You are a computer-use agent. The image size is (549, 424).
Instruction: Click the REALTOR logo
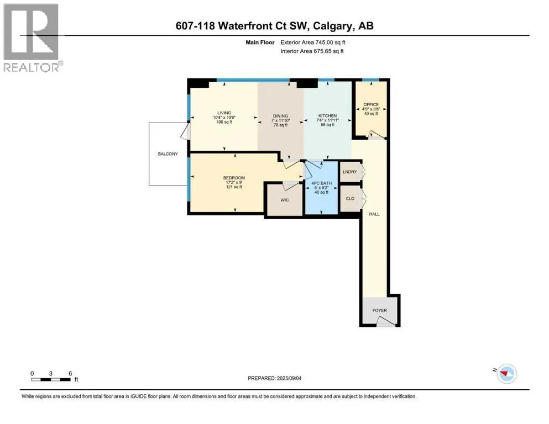(x=32, y=38)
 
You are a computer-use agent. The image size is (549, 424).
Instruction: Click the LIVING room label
(x=224, y=113)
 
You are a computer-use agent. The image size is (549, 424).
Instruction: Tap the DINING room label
(x=280, y=116)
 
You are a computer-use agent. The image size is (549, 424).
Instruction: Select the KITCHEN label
(x=327, y=116)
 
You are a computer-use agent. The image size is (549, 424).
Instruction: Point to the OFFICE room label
(x=371, y=104)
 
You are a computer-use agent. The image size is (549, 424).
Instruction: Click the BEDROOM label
(x=234, y=178)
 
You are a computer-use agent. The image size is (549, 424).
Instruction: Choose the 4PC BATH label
(x=321, y=183)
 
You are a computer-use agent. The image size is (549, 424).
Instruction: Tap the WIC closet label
(x=285, y=200)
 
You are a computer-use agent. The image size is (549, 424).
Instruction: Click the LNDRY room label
(x=350, y=172)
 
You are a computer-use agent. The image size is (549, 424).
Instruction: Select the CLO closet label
(x=350, y=199)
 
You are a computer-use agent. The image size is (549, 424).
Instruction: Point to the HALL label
(x=374, y=214)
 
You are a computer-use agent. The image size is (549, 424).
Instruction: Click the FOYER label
(x=379, y=310)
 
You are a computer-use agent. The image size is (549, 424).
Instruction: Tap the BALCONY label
(x=168, y=154)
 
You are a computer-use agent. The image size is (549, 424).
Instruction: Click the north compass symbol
(x=506, y=374)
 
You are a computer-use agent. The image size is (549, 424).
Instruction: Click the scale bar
(x=51, y=379)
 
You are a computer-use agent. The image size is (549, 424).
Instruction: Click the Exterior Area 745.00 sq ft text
(x=313, y=43)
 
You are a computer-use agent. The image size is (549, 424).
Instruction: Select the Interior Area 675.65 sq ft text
(x=312, y=51)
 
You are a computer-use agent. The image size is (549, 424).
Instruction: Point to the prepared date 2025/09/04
(x=289, y=378)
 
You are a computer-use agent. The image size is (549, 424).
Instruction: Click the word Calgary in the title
(x=333, y=26)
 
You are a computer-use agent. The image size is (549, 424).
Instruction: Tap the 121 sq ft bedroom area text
(x=234, y=187)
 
